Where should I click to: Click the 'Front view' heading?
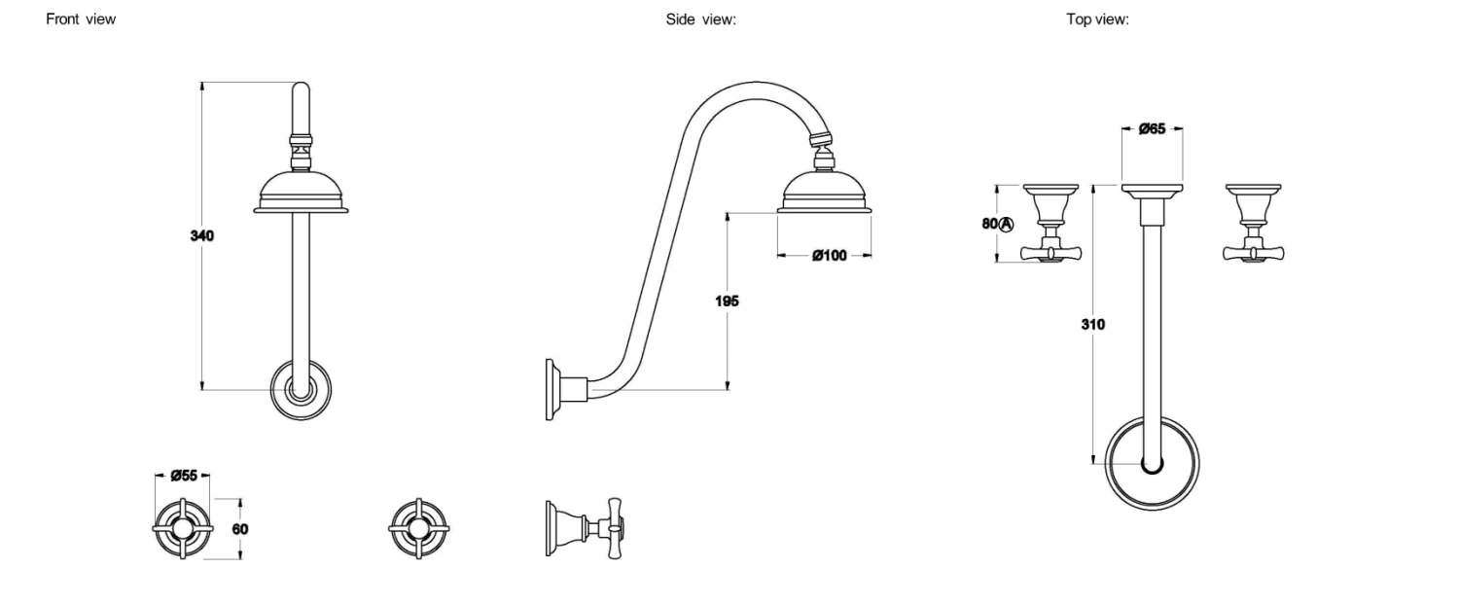[81, 19]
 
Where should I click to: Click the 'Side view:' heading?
[700, 19]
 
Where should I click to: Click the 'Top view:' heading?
[1097, 19]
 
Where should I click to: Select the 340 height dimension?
[201, 235]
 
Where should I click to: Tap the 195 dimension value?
[726, 301]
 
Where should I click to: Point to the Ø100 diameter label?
[829, 255]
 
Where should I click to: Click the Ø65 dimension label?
[1152, 128]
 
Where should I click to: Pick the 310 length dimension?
[1092, 324]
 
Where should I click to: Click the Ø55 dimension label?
[184, 476]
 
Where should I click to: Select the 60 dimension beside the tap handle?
[240, 528]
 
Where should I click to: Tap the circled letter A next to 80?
[1007, 224]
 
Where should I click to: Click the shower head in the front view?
[302, 192]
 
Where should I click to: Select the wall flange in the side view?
[552, 389]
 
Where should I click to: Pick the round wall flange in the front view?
[302, 391]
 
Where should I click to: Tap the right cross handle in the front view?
[418, 528]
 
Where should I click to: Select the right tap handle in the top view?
[1252, 224]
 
